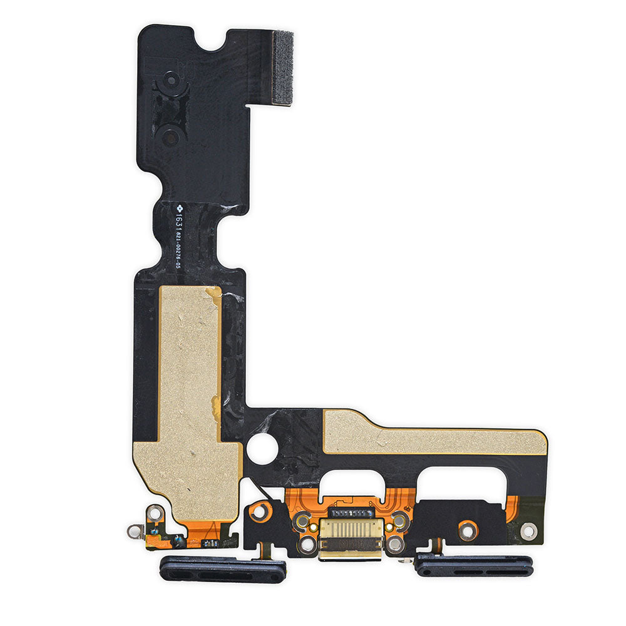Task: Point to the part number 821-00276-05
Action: pos(178,259)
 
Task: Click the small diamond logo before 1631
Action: pos(178,206)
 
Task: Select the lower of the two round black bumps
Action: pos(170,136)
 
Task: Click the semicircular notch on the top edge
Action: pos(213,39)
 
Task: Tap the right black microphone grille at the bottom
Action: pos(474,567)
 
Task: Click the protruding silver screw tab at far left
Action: pos(135,531)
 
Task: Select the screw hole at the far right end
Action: pos(528,531)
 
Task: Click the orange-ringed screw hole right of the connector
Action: pos(466,530)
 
